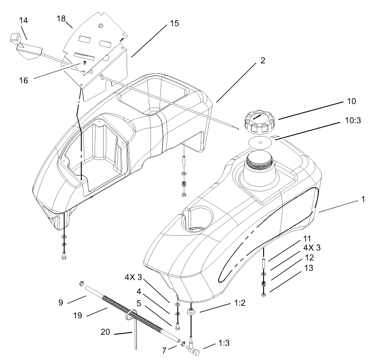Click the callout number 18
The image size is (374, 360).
(x=62, y=18)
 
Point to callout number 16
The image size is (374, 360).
(x=23, y=80)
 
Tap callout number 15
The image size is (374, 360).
(x=174, y=23)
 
